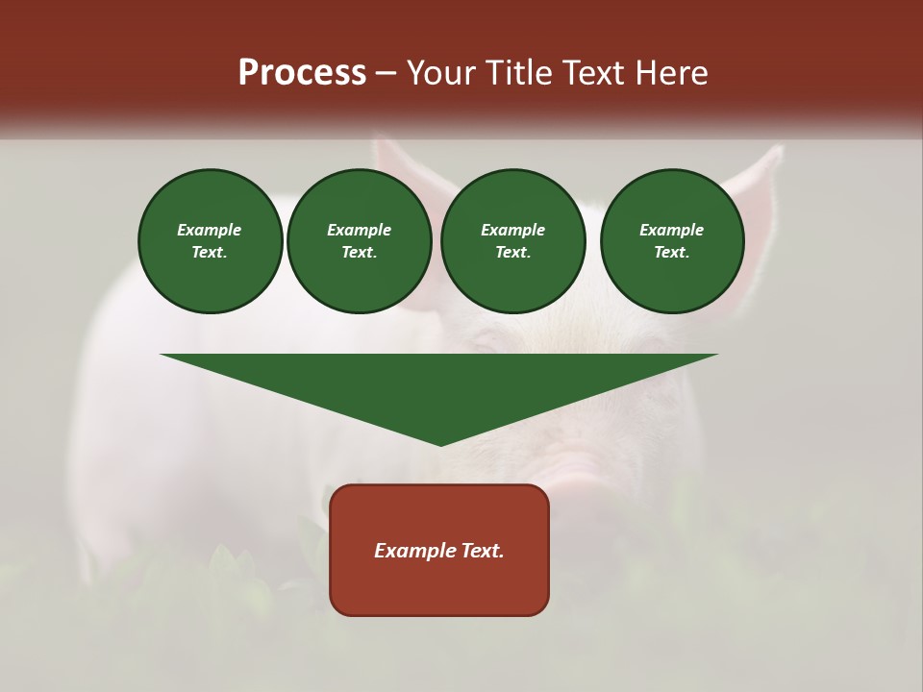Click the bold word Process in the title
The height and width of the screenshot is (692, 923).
[x=302, y=73]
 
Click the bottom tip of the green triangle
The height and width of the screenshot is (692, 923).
[x=440, y=443]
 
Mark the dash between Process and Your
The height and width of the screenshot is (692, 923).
[x=387, y=73]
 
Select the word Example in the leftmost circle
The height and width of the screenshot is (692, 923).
[x=210, y=230]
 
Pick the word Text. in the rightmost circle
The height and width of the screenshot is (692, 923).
[x=671, y=252]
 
